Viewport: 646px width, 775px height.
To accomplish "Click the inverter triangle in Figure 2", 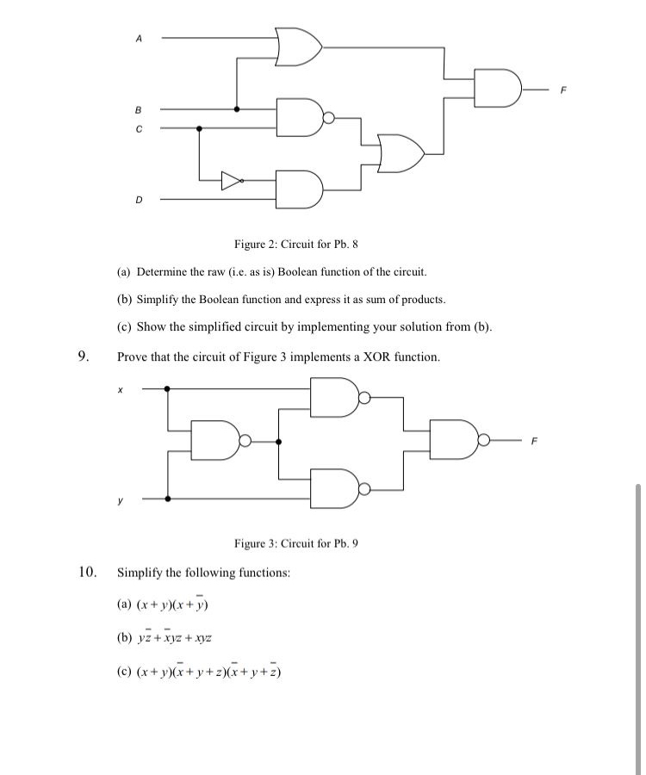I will (231, 180).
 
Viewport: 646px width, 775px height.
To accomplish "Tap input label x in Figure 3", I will (121, 389).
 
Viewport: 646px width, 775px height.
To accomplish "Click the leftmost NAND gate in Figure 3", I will (217, 441).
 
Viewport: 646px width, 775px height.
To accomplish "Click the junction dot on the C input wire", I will (199, 128).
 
